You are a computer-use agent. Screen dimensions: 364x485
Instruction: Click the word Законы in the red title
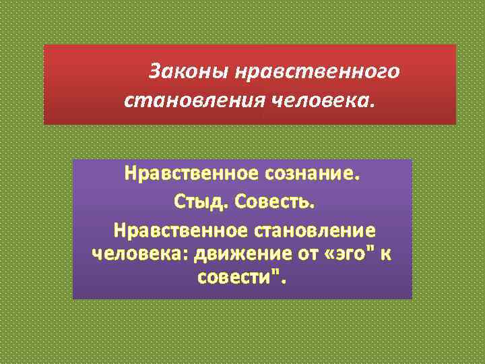pyautogui.click(x=184, y=70)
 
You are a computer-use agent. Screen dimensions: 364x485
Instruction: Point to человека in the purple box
pyautogui.click(x=138, y=255)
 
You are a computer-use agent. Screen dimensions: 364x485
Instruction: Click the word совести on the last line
pyautogui.click(x=236, y=278)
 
